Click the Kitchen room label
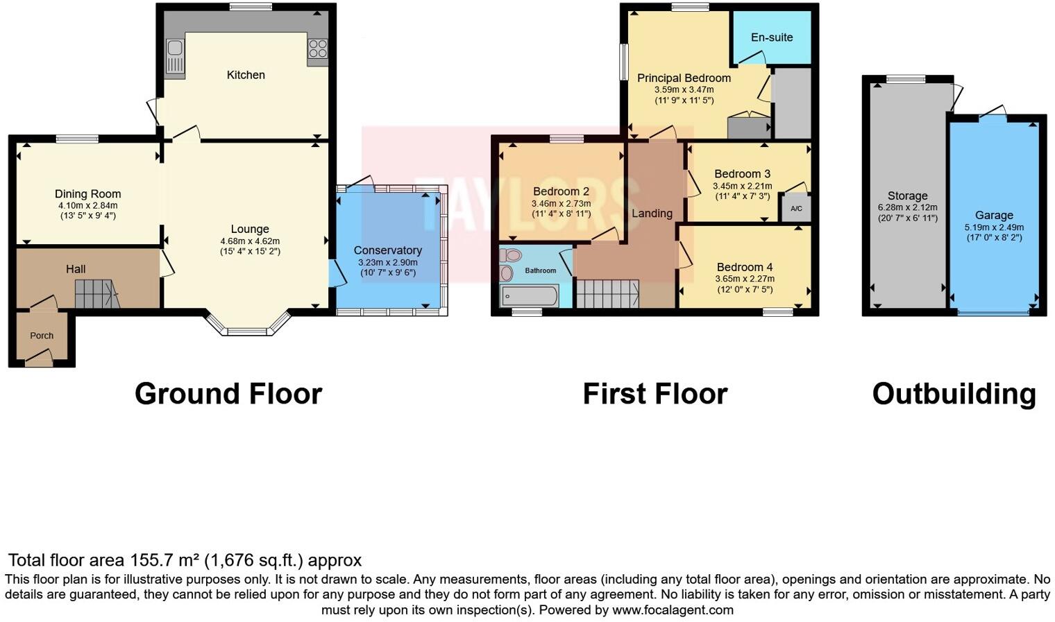point(246,75)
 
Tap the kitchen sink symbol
point(175,55)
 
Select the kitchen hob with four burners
point(318,49)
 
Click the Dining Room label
point(87,194)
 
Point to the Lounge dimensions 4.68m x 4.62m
point(250,241)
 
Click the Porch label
point(42,336)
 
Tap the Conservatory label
point(387,250)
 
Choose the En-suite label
point(771,37)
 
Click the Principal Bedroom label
point(684,78)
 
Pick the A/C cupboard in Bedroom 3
point(796,208)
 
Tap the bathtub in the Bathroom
point(529,296)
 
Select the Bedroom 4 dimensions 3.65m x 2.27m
point(745,279)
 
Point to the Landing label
point(652,214)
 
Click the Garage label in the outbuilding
point(993,216)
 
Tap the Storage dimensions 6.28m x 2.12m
point(907,207)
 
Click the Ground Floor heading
point(228,394)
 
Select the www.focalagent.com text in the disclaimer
point(672,610)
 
